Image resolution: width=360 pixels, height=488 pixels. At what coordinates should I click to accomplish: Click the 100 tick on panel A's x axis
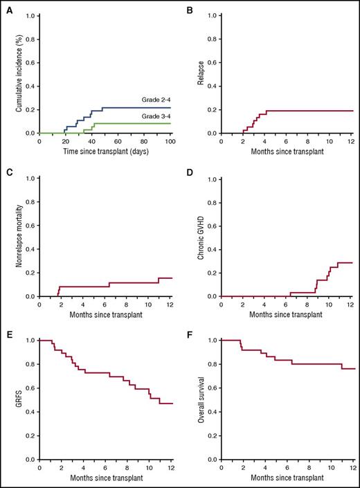[x=170, y=141]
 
